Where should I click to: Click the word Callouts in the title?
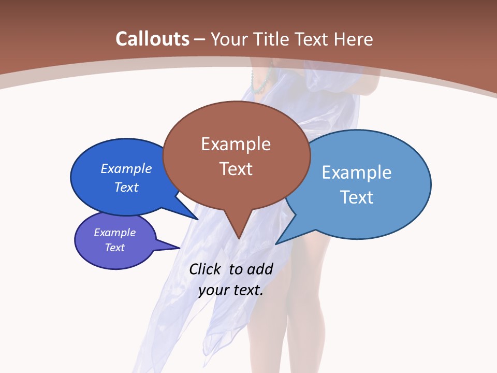[152, 39]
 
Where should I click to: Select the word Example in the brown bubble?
[236, 144]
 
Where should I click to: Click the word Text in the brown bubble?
[236, 168]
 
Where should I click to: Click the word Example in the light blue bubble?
[357, 173]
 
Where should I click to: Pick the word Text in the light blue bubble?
[357, 197]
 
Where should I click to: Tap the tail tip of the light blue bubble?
[276, 243]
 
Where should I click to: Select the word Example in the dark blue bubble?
[126, 168]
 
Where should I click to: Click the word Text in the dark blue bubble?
[126, 187]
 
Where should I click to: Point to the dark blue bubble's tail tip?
[198, 219]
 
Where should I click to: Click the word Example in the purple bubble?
[115, 233]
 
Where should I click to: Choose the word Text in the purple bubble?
[115, 248]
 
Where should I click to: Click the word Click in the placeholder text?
[204, 269]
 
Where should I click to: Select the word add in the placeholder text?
[259, 269]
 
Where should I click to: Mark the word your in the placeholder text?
[213, 290]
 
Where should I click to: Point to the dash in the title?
[200, 39]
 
